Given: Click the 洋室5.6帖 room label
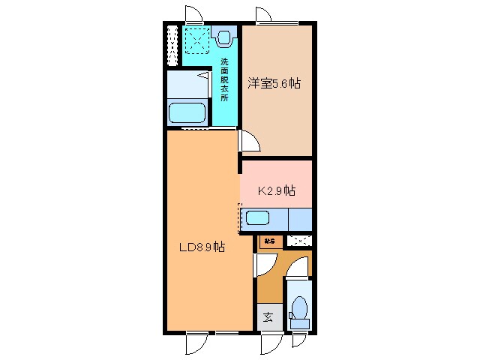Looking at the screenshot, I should pyautogui.click(x=274, y=84).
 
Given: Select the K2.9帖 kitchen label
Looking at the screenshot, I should pyautogui.click(x=276, y=190).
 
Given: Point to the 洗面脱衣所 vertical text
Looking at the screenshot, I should pyautogui.click(x=224, y=79).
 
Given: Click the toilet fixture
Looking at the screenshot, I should pyautogui.click(x=299, y=309).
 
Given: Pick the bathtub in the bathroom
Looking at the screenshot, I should pyautogui.click(x=187, y=113).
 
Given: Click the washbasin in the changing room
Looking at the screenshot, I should pyautogui.click(x=224, y=34).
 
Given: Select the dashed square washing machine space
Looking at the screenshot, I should pyautogui.click(x=198, y=40).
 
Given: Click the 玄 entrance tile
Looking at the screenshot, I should pyautogui.click(x=268, y=316).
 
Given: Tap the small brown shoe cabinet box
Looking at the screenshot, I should pyautogui.click(x=268, y=241).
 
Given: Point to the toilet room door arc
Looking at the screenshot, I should pyautogui.click(x=298, y=267).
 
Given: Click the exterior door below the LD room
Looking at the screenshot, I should pyautogui.click(x=196, y=342).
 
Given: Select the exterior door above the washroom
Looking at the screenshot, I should pyautogui.click(x=193, y=15).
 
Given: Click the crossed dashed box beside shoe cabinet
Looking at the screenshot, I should pyautogui.click(x=300, y=241).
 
